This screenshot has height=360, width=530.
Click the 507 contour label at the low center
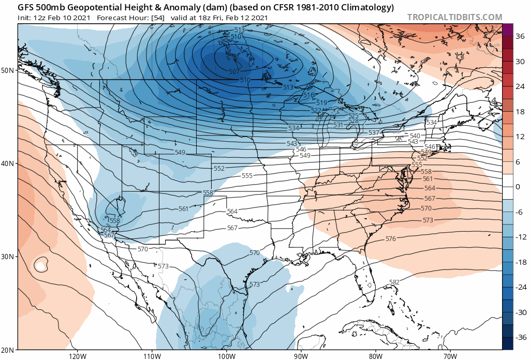(x=234, y=72)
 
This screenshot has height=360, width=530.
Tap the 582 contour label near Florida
(x=394, y=282)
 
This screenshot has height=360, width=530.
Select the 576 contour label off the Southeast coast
(x=391, y=239)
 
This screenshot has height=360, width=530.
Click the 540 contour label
(x=415, y=136)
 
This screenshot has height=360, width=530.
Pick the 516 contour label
(x=309, y=95)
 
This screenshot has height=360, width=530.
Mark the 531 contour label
(x=338, y=125)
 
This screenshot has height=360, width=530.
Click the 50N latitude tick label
(x=7, y=70)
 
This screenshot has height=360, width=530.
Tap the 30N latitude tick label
(x=7, y=257)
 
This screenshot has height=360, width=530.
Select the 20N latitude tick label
(x=7, y=350)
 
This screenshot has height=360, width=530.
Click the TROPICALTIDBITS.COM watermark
(x=454, y=17)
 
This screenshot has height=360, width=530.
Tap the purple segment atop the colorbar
(x=507, y=29)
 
